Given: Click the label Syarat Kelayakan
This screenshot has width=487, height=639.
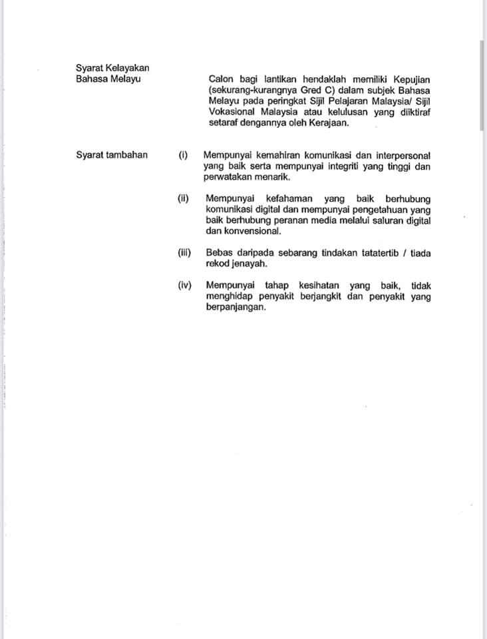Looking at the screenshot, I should tap(112, 67).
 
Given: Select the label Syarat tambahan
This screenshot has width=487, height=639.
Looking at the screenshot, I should tap(112, 155).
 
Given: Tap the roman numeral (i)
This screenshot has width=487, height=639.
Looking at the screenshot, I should tap(184, 155).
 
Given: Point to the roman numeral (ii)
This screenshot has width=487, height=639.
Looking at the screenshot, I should tap(184, 198).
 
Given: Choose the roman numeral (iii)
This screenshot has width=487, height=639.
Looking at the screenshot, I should tap(184, 252).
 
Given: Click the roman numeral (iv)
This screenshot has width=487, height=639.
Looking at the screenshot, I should tap(185, 285).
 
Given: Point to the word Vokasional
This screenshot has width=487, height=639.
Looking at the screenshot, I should tap(231, 112).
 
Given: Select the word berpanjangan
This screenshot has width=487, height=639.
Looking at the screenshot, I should tap(236, 308).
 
